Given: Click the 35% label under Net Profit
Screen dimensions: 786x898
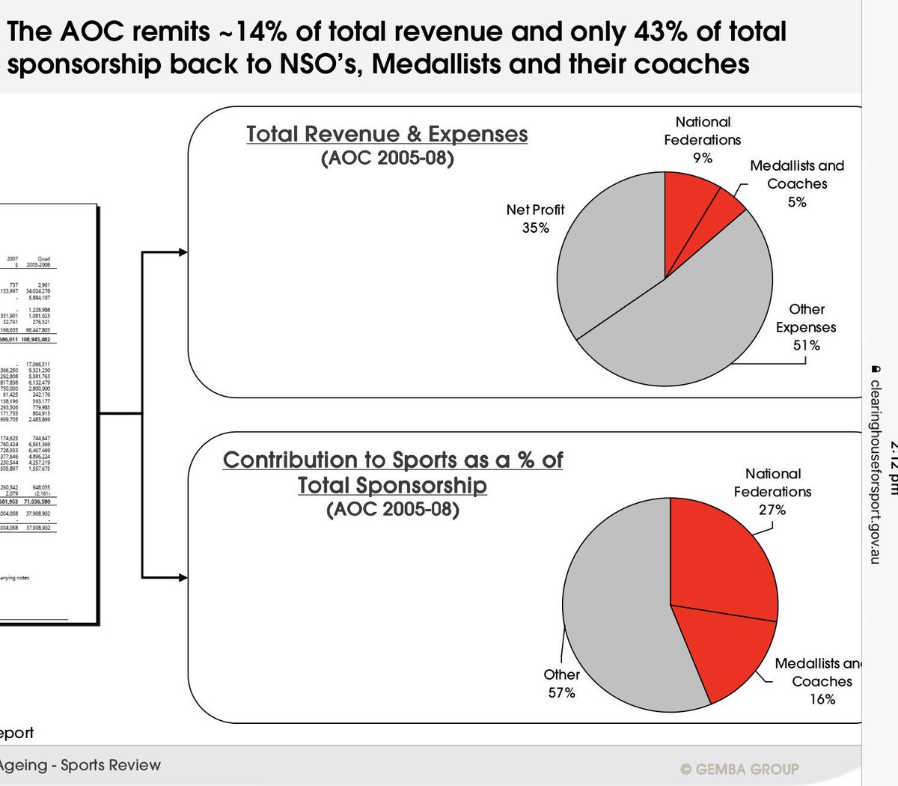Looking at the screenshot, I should point(536,228).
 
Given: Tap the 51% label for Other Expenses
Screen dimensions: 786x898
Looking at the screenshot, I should point(807,345).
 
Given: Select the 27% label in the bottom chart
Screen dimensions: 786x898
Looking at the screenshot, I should point(772,510).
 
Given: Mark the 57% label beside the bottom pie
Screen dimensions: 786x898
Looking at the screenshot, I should point(561,693).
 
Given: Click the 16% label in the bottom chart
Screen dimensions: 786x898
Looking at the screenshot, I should point(822,699).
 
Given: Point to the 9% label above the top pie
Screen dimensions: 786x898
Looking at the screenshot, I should point(702,158).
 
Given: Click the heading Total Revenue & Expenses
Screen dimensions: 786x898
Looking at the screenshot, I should point(387,134).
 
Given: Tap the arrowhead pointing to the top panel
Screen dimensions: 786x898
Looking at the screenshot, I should point(183,253).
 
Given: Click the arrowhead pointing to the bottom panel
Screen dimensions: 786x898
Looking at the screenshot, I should point(183,577).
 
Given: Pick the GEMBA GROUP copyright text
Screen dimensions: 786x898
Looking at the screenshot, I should point(739,769).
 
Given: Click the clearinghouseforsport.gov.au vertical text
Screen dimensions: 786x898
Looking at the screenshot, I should point(874,464).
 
